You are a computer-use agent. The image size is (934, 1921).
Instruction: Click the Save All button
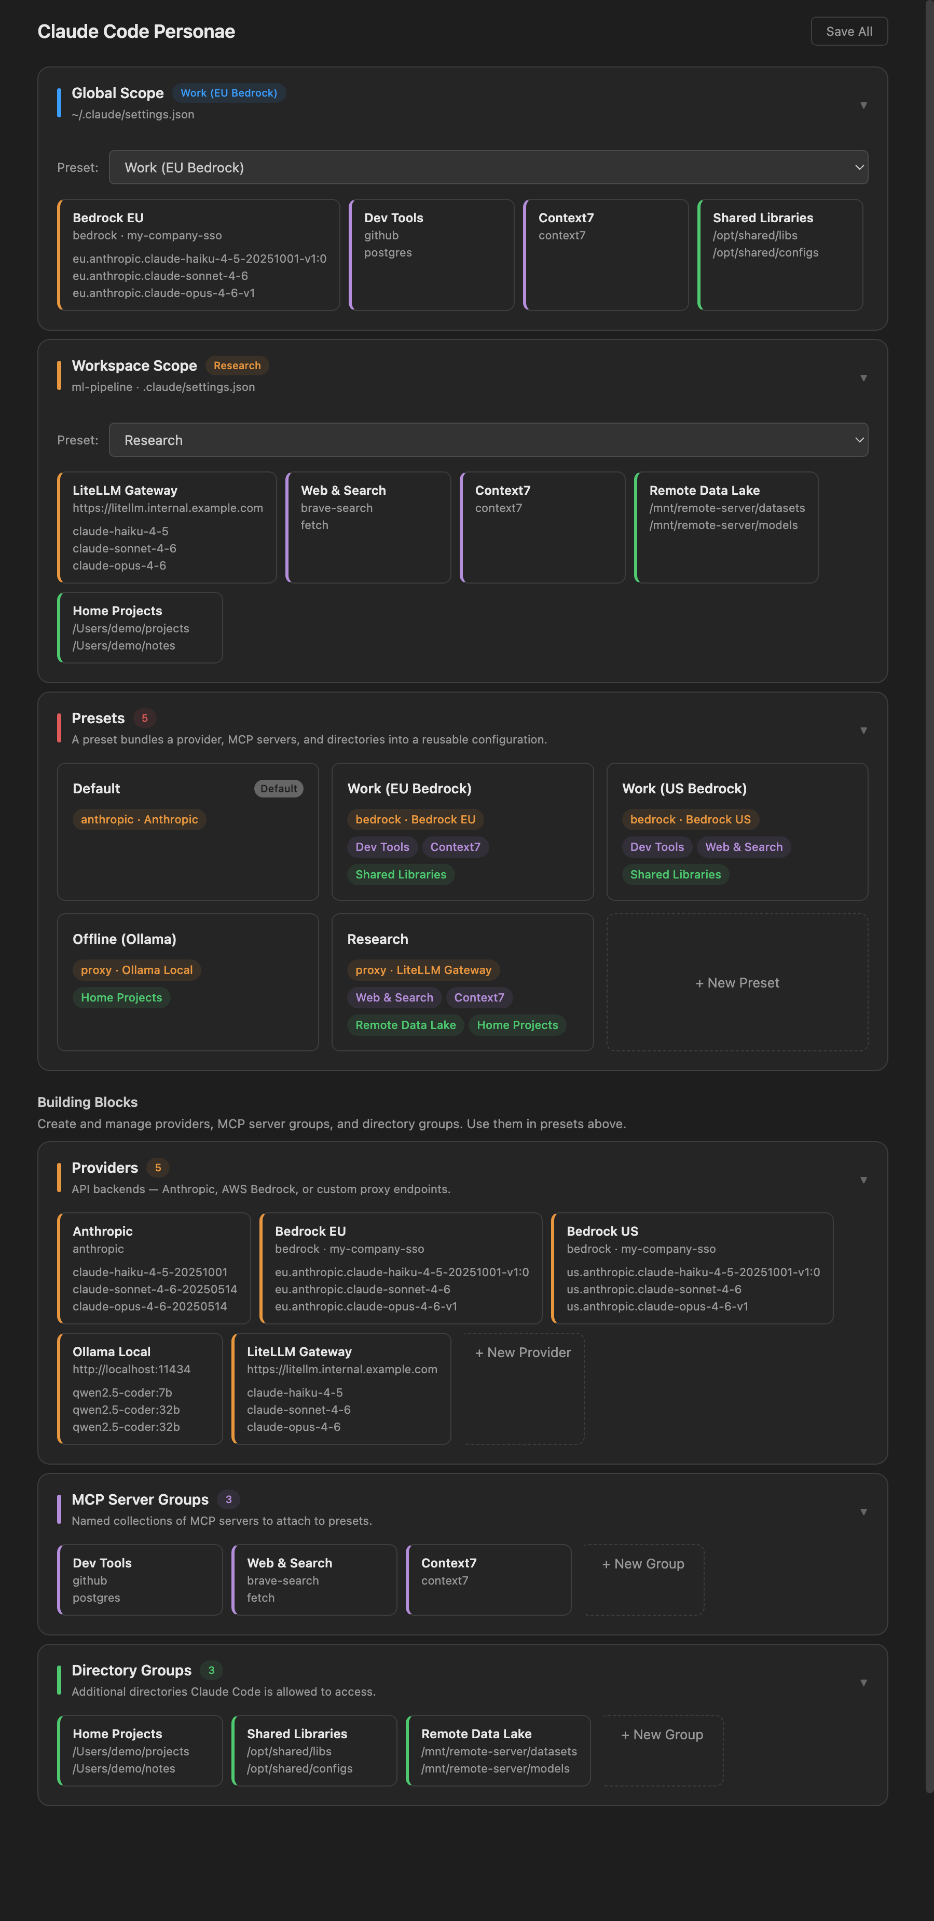[848, 31]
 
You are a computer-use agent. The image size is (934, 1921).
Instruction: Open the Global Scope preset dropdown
[488, 167]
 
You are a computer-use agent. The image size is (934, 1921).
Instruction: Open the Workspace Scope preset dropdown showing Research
[488, 440]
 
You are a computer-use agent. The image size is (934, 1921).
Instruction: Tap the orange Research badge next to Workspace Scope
[237, 366]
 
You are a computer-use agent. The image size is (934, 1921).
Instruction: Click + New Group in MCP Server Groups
[642, 1564]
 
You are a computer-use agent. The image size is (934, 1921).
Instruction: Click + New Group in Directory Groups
[662, 1735]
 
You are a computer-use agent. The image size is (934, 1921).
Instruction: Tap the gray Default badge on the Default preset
[278, 788]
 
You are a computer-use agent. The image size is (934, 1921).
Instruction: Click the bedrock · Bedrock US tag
[690, 819]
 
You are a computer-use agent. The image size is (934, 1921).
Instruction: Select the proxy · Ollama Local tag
[136, 969]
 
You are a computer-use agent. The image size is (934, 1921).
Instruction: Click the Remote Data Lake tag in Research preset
[405, 1025]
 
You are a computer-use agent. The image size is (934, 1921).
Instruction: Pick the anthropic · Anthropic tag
[140, 819]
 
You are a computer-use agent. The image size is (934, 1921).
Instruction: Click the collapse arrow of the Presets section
[863, 730]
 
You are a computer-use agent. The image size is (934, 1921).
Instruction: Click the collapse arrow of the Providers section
[863, 1180]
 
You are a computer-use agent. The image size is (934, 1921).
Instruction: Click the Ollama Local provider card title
[111, 1351]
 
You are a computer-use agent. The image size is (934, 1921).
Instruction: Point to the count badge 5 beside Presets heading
[145, 718]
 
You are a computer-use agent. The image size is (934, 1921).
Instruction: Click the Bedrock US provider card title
[601, 1231]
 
